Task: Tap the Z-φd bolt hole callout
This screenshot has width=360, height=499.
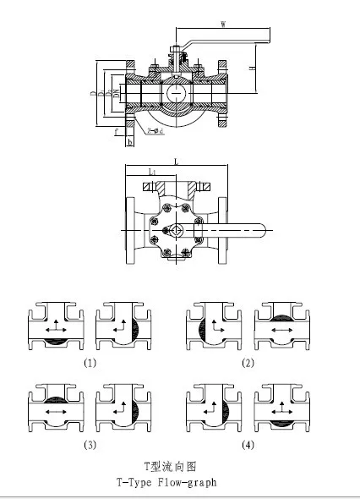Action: click(156, 132)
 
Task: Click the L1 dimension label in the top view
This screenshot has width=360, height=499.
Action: click(150, 172)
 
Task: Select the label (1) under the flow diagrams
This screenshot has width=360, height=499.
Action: click(90, 363)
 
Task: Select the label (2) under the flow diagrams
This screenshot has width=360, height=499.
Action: click(248, 363)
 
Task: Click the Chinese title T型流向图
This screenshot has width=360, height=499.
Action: click(164, 467)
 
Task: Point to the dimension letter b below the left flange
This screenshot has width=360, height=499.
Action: click(128, 142)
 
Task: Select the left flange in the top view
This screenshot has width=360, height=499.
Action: click(129, 229)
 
